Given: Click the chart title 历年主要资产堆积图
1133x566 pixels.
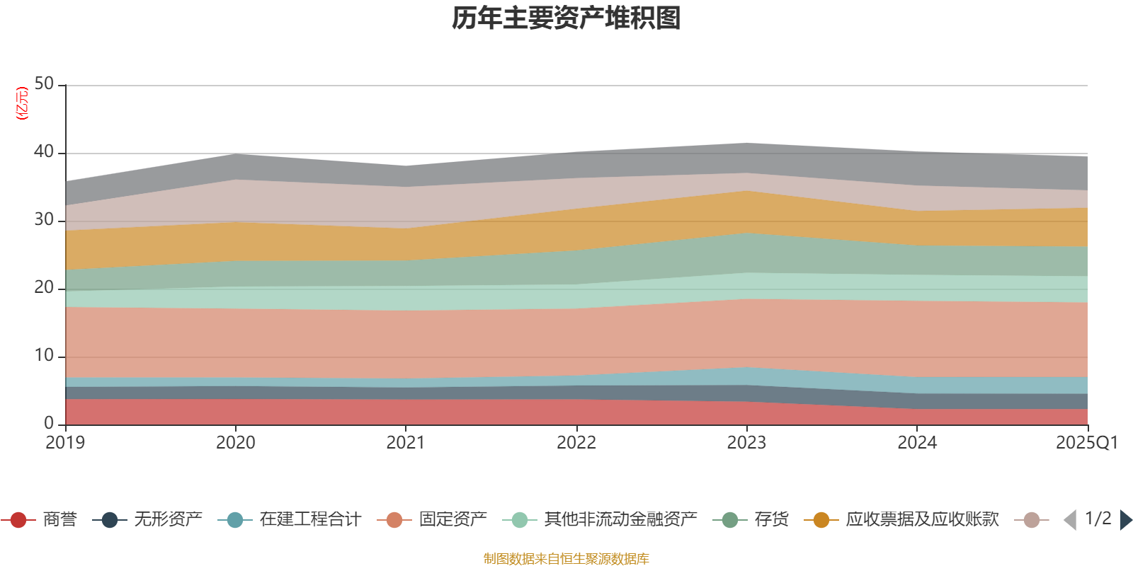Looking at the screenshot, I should tap(566, 18).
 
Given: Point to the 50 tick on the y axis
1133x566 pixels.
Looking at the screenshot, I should tap(44, 84).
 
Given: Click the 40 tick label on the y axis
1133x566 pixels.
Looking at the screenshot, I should tap(44, 152).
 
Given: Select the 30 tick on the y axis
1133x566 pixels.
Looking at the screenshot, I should tap(44, 220).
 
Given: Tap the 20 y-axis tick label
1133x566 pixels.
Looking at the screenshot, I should tap(44, 288).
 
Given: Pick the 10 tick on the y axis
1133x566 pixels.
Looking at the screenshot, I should tap(44, 356).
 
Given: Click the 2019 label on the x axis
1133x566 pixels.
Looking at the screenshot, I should tap(65, 443).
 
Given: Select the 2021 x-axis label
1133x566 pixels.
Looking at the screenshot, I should tap(406, 443).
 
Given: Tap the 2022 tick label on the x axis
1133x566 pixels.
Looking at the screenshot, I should tap(576, 443).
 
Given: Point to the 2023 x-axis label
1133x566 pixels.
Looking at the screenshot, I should tap(746, 443).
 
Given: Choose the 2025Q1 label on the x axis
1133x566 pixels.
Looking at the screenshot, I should tap(1086, 443).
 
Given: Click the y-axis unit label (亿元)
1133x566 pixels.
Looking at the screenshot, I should tap(22, 103).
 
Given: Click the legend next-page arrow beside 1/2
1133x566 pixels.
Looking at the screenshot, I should tap(1125, 520).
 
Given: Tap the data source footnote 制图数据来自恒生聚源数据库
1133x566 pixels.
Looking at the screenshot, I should tap(566, 559).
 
